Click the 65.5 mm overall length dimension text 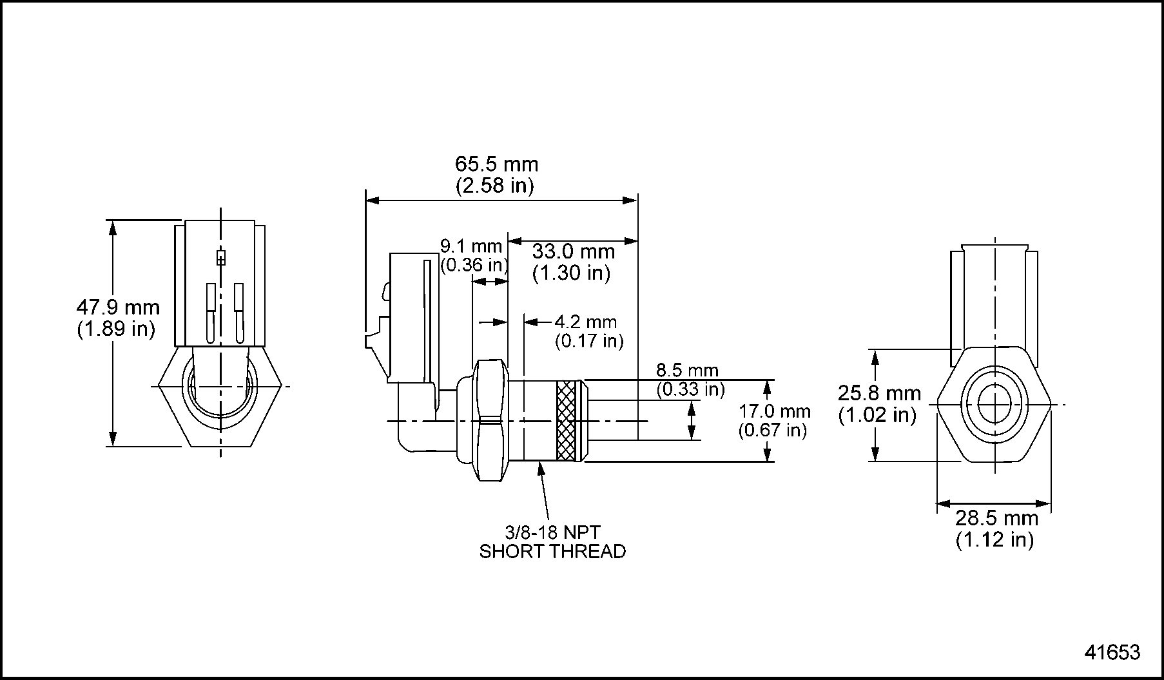pos(496,164)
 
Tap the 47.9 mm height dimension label pos(118,307)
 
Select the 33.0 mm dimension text pos(573,251)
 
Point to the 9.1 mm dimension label pos(470,246)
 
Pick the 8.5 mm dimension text pos(687,371)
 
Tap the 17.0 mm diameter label pos(774,411)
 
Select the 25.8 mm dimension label pos(879,393)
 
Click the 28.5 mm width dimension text pos(996,518)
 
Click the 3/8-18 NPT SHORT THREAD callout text pos(552,542)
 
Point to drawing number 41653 pos(1112,652)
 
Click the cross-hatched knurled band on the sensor pos(566,422)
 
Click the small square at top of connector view pos(221,258)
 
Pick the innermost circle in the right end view pos(995,404)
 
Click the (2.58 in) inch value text pos(495,186)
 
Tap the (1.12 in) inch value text pos(994,539)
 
